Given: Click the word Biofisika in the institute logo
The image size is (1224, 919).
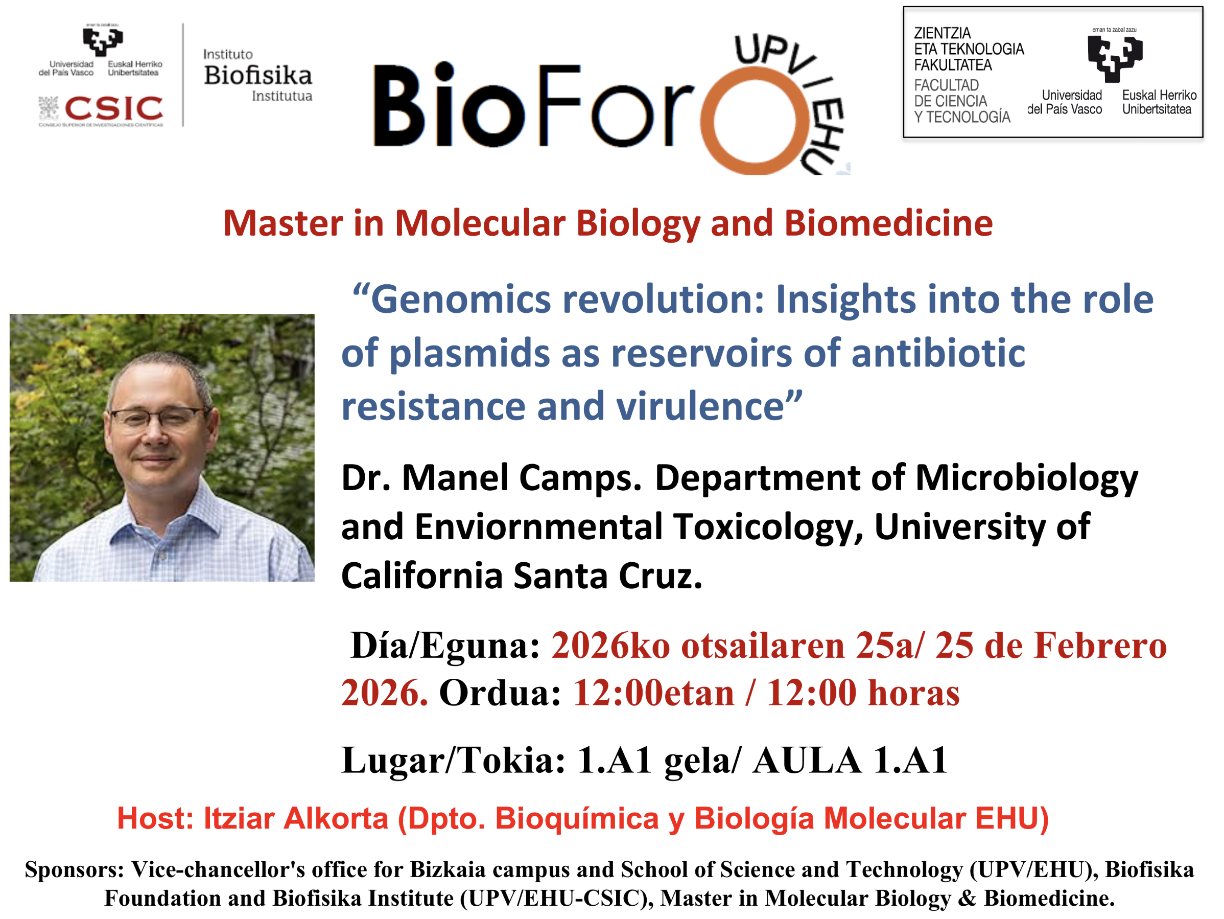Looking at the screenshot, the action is [258, 75].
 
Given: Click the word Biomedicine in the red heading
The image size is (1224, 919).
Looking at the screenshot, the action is [888, 223].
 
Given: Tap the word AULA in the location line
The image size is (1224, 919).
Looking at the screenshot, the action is [806, 760].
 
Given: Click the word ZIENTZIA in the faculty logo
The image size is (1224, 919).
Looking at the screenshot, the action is [943, 33].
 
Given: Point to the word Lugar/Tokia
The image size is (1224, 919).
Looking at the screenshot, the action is [453, 761].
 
